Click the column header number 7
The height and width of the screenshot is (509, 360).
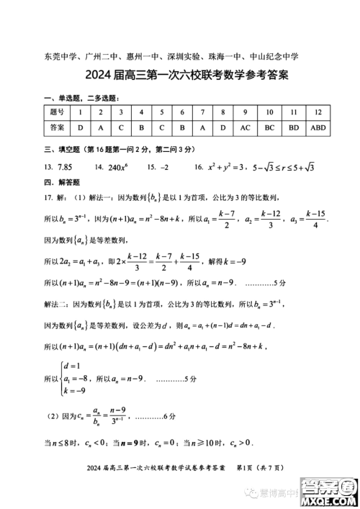[x=202, y=112]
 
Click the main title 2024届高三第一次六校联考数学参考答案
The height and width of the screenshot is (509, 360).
[x=180, y=74]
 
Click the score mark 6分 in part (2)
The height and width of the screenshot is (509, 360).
[x=167, y=417]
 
